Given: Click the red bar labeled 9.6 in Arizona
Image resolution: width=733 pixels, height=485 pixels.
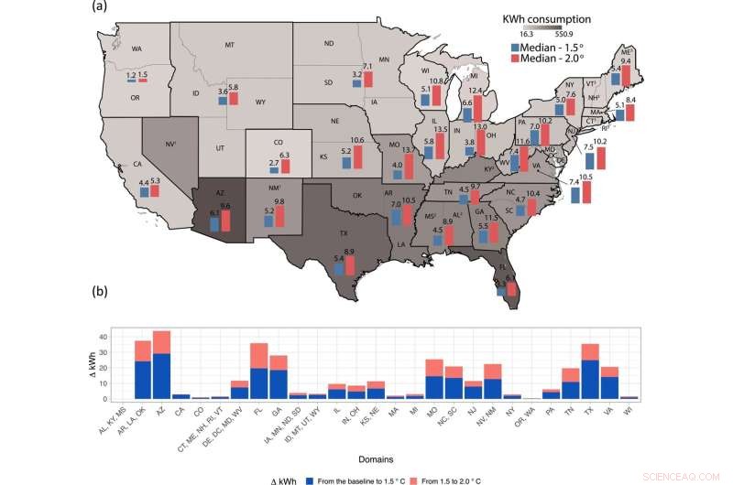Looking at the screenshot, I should (225, 221).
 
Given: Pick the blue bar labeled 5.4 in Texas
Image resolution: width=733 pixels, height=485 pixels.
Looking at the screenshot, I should (338, 271).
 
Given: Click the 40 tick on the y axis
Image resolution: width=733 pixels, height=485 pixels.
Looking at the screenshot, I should (116, 337).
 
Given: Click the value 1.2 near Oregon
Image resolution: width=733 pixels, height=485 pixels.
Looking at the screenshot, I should (131, 74).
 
